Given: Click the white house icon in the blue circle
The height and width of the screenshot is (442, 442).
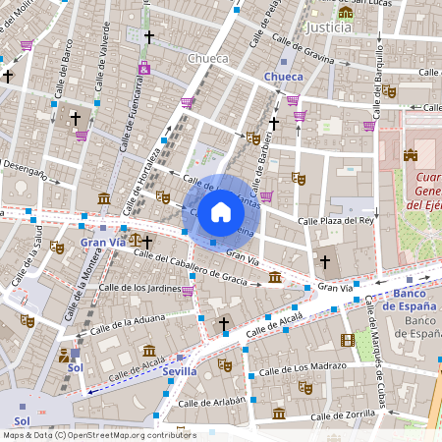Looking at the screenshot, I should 221,212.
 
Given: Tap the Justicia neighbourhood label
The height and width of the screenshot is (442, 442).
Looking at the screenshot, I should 328,28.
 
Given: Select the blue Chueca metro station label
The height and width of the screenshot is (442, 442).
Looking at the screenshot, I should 284,76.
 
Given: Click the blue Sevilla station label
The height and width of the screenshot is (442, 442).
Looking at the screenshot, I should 179,371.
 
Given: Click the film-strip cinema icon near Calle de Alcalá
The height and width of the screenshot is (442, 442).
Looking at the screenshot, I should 347,340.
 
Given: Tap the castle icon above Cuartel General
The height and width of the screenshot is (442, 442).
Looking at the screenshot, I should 411,155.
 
